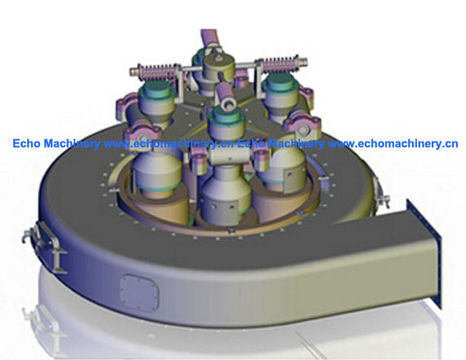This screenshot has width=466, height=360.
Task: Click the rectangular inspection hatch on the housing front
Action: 139,292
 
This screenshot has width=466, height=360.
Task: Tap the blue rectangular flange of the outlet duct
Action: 423,253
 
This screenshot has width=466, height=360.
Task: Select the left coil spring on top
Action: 157,72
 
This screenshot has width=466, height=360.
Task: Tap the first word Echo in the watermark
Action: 26,143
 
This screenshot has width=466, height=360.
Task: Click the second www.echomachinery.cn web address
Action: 393,144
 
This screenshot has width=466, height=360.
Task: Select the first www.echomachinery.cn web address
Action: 168,144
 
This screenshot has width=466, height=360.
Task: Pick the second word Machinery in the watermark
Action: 296,144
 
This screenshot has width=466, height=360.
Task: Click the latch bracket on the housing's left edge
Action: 45,245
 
